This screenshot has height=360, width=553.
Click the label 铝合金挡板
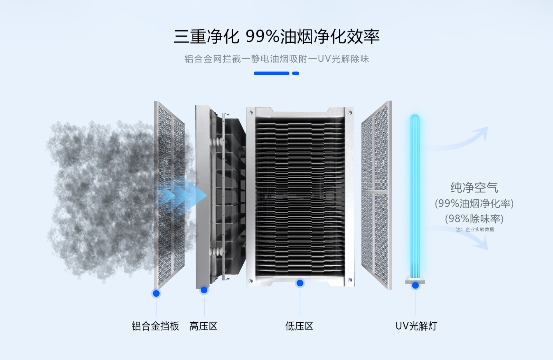click(156, 326)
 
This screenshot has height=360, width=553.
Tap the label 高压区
click(203, 326)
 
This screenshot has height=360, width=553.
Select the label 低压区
click(299, 326)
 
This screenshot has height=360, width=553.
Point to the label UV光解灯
click(416, 326)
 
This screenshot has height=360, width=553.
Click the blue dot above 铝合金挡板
click(156, 293)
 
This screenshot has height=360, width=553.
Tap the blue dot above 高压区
click(204, 290)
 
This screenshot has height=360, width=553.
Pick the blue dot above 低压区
click(300, 283)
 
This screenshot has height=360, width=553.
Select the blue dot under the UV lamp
click(415, 285)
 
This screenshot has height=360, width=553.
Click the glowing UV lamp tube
click(415, 193)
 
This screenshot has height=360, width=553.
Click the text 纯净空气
click(474, 188)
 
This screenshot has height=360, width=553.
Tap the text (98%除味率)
click(474, 219)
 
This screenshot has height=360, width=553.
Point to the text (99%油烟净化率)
click(474, 203)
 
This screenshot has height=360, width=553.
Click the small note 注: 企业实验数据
click(475, 229)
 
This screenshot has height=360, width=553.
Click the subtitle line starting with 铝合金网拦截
click(276, 59)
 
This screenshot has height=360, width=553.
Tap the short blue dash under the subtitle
click(296, 73)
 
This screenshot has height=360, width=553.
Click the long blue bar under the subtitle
click(271, 73)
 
